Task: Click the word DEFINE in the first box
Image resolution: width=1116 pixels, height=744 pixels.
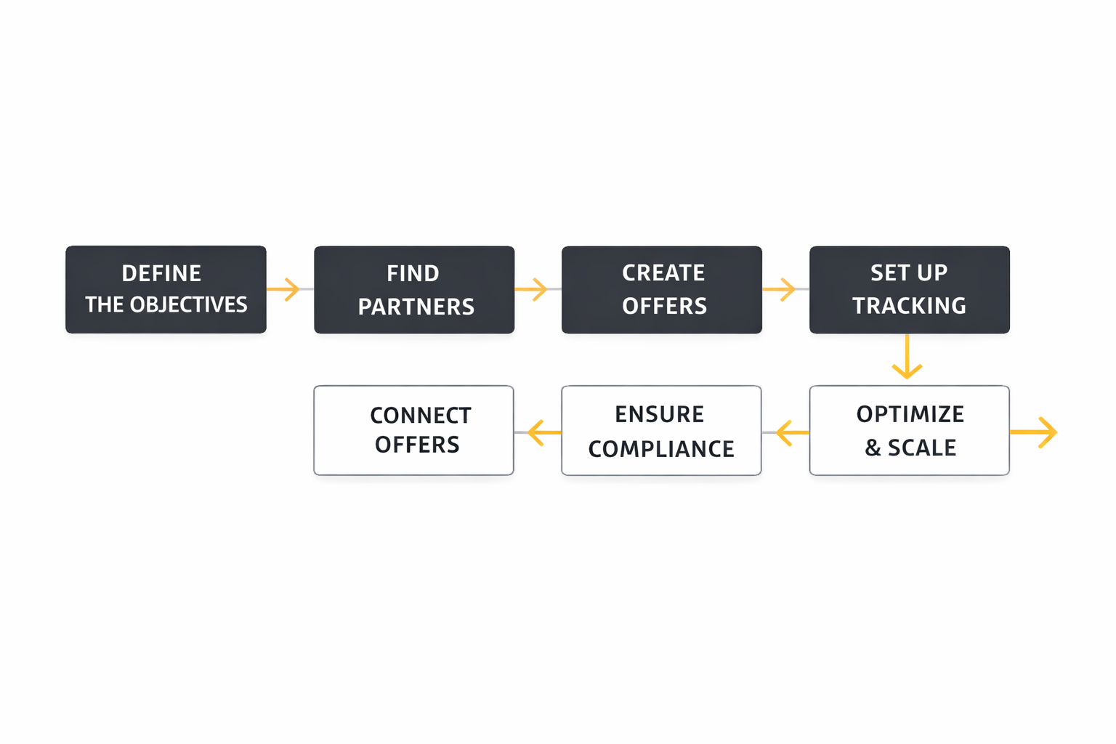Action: coord(161,273)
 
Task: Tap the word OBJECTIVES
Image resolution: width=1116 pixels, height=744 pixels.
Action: coord(188,304)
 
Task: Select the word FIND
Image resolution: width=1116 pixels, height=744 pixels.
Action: coord(413,273)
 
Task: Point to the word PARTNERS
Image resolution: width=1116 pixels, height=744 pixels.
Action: coord(416,307)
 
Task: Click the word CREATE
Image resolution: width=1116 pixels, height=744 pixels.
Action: coord(663,272)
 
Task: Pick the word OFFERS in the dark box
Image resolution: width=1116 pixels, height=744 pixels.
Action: coord(664,306)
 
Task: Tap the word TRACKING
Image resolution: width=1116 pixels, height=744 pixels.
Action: coord(909,306)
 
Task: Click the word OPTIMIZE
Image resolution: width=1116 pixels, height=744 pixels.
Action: coord(910,414)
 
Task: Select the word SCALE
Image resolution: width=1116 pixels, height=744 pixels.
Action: coord(922,448)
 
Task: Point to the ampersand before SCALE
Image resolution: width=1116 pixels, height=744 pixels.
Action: coord(873,448)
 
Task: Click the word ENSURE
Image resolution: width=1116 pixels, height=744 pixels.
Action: coord(659,414)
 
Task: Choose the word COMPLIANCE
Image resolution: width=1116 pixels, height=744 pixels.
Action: coord(661,449)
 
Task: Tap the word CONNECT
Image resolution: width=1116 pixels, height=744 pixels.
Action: coord(421,416)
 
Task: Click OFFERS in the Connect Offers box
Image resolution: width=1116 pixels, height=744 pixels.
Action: coord(417,445)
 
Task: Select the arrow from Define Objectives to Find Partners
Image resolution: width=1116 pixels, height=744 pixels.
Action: coord(284,289)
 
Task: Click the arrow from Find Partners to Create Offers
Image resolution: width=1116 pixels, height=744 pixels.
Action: coord(532,289)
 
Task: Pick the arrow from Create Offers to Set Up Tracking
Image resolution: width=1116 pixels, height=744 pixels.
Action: coord(780,289)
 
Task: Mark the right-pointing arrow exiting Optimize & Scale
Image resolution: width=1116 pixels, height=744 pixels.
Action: coord(1035,432)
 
